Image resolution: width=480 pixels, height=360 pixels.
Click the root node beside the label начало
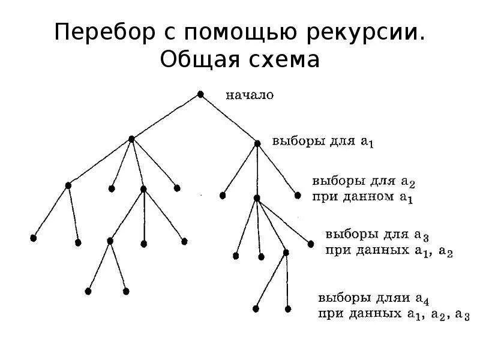pyautogui.click(x=200, y=94)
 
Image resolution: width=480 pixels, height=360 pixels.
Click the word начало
pyautogui.click(x=250, y=94)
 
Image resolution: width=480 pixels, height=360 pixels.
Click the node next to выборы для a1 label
pyautogui.click(x=257, y=143)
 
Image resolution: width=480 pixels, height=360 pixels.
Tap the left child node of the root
pyautogui.click(x=131, y=139)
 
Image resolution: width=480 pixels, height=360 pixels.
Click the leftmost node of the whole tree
pyautogui.click(x=33, y=238)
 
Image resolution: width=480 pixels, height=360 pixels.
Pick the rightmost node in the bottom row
pyautogui.click(x=288, y=309)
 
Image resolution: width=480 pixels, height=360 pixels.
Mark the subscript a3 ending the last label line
pyautogui.click(x=463, y=313)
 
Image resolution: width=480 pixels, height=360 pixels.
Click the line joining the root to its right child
pyautogui.click(x=229, y=118)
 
